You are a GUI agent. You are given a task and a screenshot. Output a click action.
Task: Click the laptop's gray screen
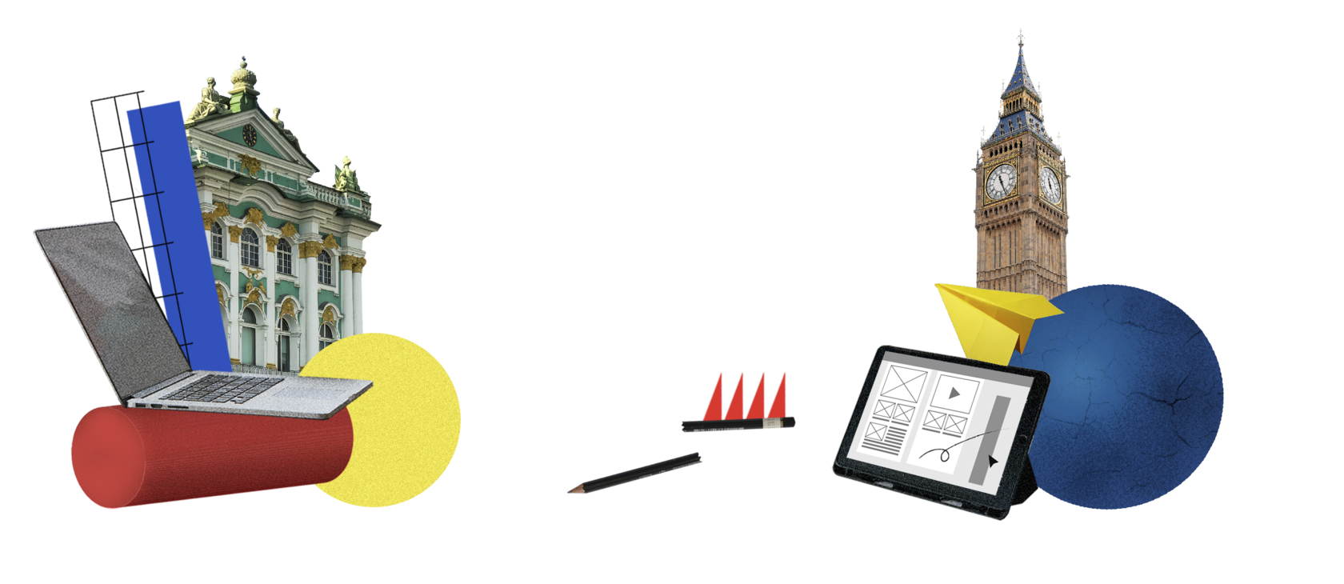point(112,304)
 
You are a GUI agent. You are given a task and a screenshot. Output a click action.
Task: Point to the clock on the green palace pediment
point(250,135)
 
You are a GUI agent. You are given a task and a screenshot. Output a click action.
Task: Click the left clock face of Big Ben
point(1000,182)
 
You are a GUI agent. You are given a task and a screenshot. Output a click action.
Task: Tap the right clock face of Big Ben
point(1050,185)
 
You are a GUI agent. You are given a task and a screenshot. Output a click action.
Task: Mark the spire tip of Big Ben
point(1020,32)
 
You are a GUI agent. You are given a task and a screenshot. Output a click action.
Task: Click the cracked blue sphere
point(1128,400)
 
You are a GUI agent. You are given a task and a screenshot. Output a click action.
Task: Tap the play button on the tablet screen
point(954,393)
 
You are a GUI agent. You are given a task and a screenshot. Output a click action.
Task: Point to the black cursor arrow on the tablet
point(993,462)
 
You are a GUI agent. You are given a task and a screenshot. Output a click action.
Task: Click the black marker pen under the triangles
point(736,425)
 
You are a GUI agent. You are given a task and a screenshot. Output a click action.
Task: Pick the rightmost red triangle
point(778,396)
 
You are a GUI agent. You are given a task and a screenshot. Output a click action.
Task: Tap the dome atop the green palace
point(243,76)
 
